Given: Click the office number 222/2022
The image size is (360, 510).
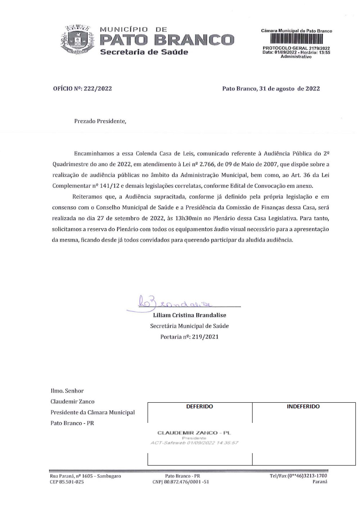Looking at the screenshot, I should point(97,89).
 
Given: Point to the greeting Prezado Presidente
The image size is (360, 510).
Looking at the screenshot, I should point(100,121).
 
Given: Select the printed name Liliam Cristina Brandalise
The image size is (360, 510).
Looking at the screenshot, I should point(190,315).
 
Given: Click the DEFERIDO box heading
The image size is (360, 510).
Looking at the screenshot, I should point(200,407).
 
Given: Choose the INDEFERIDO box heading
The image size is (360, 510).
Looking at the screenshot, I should point(303,407).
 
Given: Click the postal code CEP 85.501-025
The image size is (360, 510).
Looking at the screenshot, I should point(67,482).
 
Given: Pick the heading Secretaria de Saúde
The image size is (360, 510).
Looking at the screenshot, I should point(144,52).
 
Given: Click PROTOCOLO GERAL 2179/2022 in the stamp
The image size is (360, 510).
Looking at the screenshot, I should point(296,48).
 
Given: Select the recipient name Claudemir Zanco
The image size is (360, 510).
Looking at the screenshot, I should point(73,401).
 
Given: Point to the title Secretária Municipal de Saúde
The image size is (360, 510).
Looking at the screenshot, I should point(190,326).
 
